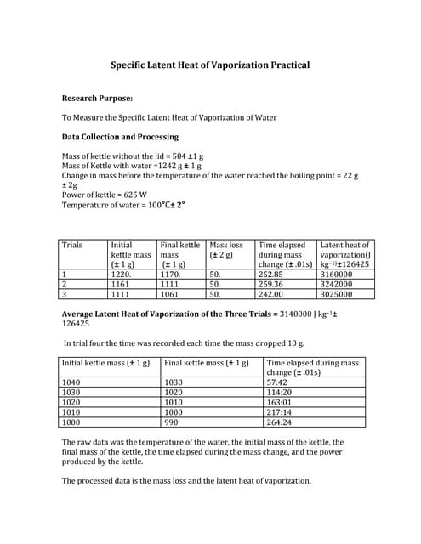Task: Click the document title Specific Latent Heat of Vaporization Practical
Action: pyautogui.click(x=211, y=65)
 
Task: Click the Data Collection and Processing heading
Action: pyautogui.click(x=121, y=136)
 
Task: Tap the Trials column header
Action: pyautogui.click(x=72, y=245)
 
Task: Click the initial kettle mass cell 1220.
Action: pyautogui.click(x=122, y=275)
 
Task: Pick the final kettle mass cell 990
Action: pyautogui.click(x=172, y=422)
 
